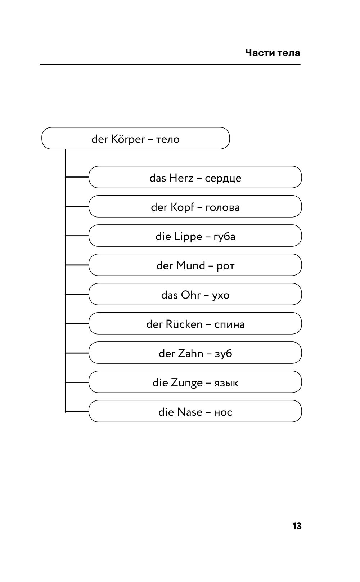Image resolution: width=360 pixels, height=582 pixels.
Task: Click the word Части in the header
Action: point(260,53)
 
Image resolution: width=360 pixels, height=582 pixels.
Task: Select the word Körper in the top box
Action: point(128,139)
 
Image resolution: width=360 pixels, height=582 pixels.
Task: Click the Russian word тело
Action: point(168,139)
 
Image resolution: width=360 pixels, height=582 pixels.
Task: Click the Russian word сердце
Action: point(223,179)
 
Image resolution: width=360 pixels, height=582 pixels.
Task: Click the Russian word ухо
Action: point(221,296)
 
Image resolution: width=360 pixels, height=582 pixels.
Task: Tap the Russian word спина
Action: point(229,325)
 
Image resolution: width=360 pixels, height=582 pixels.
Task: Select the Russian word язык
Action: point(226,383)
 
